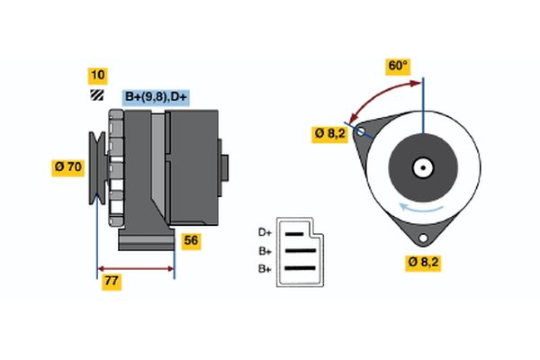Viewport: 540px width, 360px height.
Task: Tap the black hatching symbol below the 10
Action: (x=96, y=95)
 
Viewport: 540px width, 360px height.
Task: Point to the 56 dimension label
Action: (x=191, y=240)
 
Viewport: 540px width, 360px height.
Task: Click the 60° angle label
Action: (x=397, y=66)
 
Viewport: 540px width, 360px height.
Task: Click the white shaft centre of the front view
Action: (x=422, y=167)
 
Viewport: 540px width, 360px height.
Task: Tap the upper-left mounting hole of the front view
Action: (x=362, y=132)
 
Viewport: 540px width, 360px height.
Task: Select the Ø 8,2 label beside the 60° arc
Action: (x=330, y=133)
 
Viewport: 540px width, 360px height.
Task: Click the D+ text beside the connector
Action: (x=265, y=232)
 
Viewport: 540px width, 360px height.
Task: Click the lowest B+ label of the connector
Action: (x=265, y=268)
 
